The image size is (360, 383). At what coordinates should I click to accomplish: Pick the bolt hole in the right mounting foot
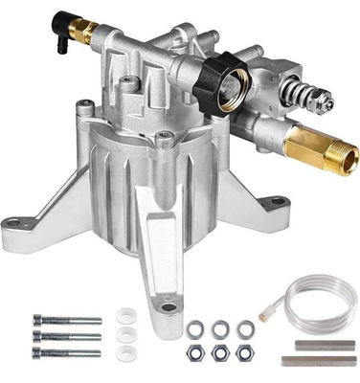275,202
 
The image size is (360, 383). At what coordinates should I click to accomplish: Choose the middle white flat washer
122,337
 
